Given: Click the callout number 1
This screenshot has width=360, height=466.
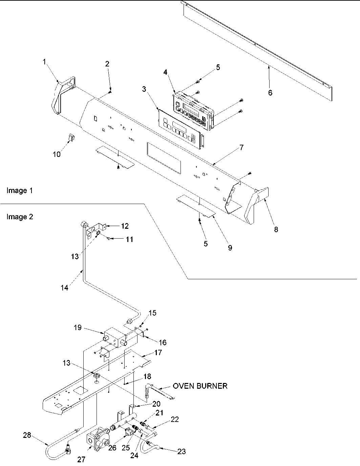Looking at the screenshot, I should point(44,61).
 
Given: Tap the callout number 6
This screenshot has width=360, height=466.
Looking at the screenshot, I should point(270,93).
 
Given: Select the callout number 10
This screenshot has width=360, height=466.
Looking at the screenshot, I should point(57,154).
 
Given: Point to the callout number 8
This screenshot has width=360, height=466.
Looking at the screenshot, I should point(276,229).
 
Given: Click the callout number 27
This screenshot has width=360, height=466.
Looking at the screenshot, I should point(81,460).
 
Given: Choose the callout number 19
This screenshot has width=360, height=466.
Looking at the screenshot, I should point(78,327).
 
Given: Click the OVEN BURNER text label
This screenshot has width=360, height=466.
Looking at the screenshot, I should point(200,386).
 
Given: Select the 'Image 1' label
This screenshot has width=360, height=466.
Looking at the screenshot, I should point(20,190).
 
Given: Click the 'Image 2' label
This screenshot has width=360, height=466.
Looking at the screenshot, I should point(20,217).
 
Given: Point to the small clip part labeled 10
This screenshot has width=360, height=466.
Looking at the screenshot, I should point(71,138).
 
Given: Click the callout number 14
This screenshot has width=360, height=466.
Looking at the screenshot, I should point(64,288).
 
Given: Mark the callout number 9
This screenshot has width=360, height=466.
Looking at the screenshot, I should point(230,248).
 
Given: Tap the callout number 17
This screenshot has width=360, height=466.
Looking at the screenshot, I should point(158,352).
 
